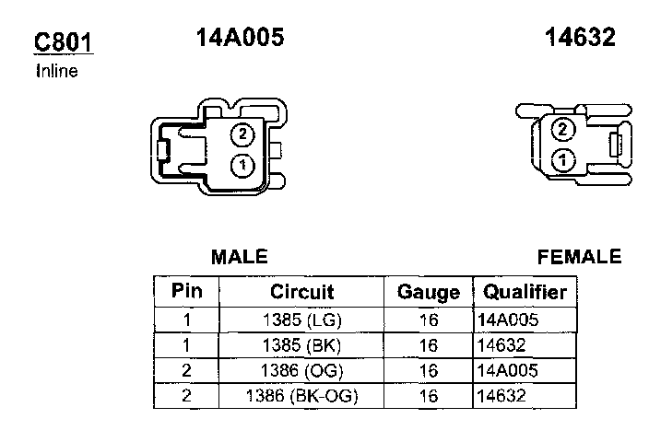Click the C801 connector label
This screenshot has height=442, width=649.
(64, 42)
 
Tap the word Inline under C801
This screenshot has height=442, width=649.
(57, 71)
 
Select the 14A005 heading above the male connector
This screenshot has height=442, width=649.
(240, 37)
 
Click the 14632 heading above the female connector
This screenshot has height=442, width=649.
(580, 37)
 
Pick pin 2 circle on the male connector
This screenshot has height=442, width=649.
(242, 134)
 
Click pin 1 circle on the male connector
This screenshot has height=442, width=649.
(242, 166)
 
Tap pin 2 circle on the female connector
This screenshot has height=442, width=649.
(563, 129)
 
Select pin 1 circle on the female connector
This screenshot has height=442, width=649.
(563, 159)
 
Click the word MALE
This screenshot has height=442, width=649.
(240, 257)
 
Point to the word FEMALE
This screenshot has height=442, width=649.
(580, 257)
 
